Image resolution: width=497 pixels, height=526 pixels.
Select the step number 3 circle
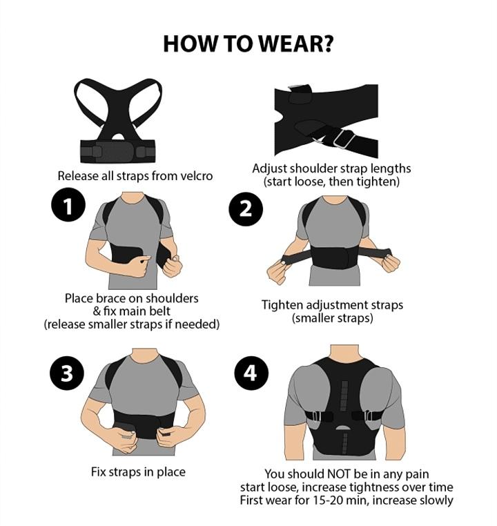(66, 373)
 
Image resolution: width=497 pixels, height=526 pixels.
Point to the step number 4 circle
(251, 373)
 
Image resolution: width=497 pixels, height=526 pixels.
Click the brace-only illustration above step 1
(117, 119)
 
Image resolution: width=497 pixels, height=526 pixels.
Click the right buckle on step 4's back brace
(363, 416)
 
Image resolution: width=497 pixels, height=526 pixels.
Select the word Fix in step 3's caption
(100, 472)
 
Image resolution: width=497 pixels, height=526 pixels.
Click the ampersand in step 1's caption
(96, 311)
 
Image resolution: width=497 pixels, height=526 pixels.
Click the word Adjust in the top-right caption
(271, 168)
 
